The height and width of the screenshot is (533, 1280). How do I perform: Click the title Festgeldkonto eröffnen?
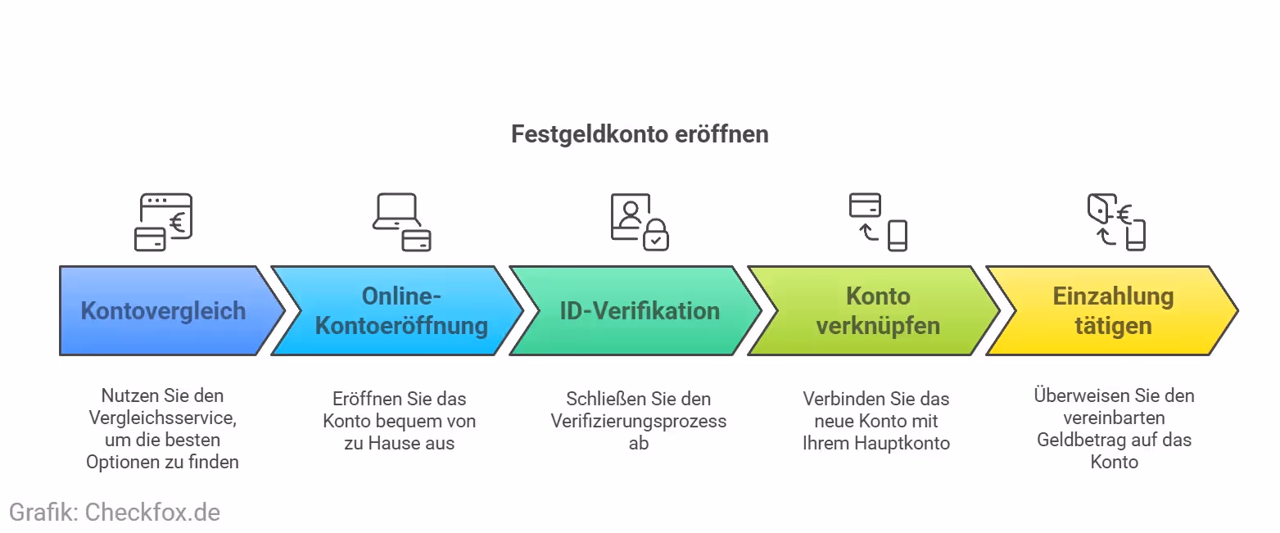(640, 134)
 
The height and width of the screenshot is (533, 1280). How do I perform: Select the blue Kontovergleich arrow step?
(163, 311)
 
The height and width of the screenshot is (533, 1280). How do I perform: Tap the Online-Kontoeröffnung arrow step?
(401, 311)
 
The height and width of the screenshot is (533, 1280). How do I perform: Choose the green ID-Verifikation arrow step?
(640, 311)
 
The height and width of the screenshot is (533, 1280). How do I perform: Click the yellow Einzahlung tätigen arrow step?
(1113, 311)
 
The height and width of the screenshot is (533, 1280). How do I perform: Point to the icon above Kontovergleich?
(163, 222)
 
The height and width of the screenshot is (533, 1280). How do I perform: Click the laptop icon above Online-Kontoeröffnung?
(396, 212)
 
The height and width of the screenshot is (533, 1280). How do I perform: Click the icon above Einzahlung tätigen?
(1115, 222)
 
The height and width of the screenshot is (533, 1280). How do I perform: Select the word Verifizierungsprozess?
(639, 421)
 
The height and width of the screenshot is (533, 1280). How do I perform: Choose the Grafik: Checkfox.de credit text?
(115, 513)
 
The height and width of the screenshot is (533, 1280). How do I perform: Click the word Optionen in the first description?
(120, 462)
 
